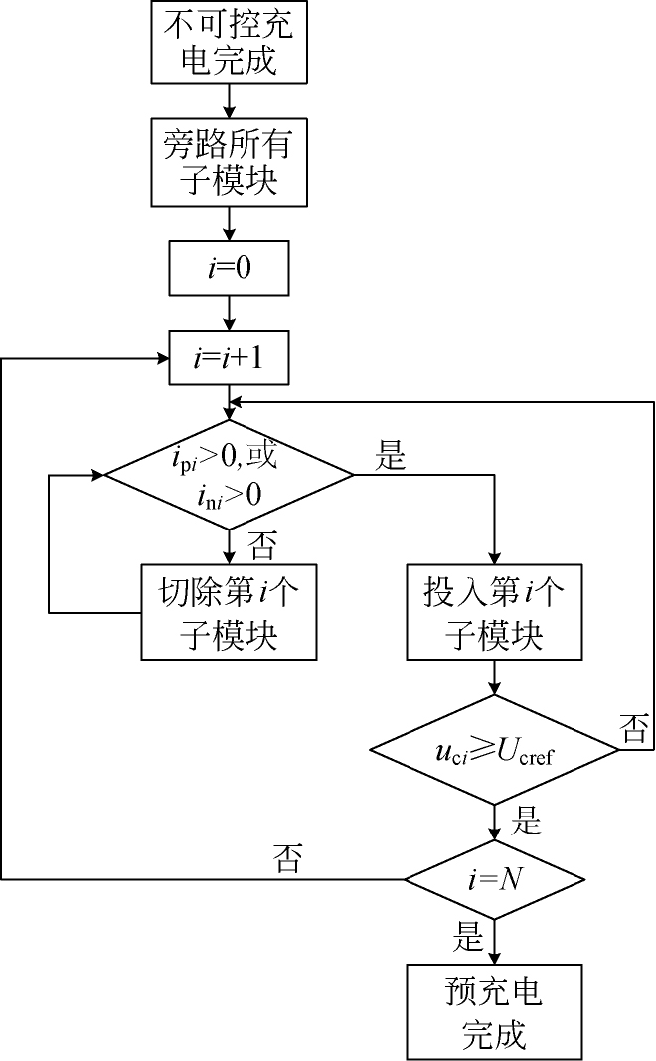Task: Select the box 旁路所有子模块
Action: pyautogui.click(x=230, y=162)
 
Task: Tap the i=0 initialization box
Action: pyautogui.click(x=230, y=268)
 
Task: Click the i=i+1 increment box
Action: pyautogui.click(x=230, y=358)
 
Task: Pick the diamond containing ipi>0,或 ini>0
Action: pyautogui.click(x=230, y=475)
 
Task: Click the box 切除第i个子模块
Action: pyautogui.click(x=230, y=612)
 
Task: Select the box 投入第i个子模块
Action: pyautogui.click(x=494, y=612)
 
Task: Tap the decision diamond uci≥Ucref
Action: pyautogui.click(x=494, y=750)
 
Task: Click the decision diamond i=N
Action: pyautogui.click(x=494, y=879)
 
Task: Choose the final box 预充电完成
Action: pyautogui.click(x=494, y=1010)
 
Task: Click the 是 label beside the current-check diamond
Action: pyautogui.click(x=392, y=458)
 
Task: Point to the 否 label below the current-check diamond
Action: pyautogui.click(x=260, y=545)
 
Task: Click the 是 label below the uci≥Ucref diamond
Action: pyautogui.click(x=524, y=822)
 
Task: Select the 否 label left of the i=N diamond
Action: pyautogui.click(x=288, y=860)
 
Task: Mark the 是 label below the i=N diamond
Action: pyautogui.click(x=468, y=937)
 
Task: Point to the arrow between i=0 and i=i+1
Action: pyautogui.click(x=230, y=313)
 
